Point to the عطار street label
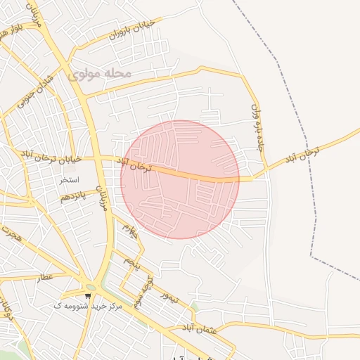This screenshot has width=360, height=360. tap(46, 277)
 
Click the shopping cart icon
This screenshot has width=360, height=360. tap(88, 296)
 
